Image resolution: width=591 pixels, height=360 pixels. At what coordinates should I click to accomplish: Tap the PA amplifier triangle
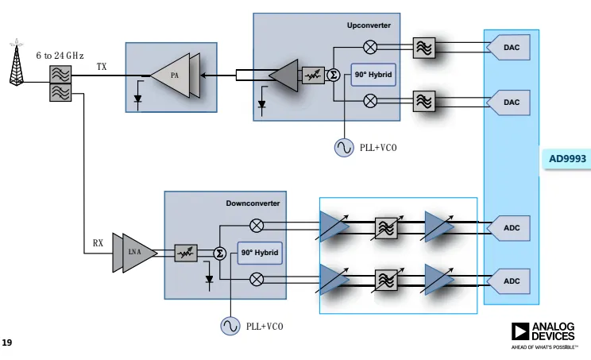[x=175, y=76]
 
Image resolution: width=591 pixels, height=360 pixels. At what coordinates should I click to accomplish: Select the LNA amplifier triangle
[x=133, y=252]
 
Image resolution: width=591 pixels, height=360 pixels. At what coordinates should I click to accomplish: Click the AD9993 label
[x=567, y=159]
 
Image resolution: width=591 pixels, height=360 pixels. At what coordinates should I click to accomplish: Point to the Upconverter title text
[x=369, y=25]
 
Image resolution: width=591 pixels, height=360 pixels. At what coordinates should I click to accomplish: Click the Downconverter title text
[x=253, y=203]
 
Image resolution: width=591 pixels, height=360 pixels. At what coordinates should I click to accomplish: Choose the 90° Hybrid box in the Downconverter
[x=260, y=253]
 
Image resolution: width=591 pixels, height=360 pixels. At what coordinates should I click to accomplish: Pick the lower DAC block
[x=510, y=102]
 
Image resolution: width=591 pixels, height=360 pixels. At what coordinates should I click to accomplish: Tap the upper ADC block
[x=510, y=227]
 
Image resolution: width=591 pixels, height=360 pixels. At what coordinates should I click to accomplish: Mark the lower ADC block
[x=510, y=281]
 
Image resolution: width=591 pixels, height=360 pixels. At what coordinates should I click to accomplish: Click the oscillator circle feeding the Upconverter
[x=344, y=147]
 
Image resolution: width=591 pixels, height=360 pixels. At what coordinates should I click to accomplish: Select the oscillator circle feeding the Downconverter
[x=230, y=326]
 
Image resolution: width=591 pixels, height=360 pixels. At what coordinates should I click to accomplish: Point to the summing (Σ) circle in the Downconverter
[x=221, y=253]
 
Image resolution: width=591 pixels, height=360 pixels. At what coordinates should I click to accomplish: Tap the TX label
[x=102, y=67]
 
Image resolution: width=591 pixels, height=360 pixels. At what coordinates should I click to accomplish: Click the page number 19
[x=7, y=343]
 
